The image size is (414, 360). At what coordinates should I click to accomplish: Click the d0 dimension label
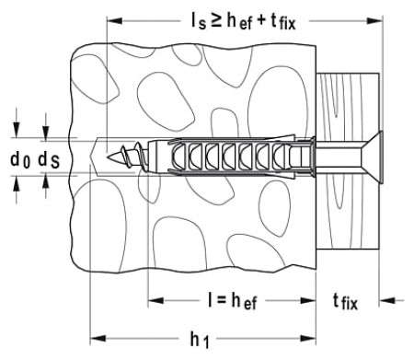[20, 160]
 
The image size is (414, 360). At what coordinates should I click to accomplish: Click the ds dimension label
[49, 160]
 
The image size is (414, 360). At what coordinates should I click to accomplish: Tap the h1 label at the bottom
[200, 340]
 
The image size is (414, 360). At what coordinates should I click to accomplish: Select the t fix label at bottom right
[345, 302]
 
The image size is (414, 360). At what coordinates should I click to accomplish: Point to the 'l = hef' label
[232, 301]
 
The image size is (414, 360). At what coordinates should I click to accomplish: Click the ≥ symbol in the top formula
[216, 21]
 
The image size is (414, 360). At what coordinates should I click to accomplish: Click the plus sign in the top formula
[261, 22]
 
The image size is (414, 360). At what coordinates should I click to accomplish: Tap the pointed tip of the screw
[108, 157]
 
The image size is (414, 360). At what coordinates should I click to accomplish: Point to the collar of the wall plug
[313, 157]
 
